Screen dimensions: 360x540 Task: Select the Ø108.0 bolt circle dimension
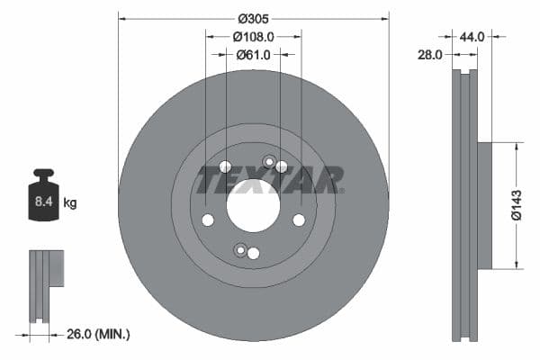coord(253,37)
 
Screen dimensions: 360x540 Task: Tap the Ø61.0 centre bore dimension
coord(254,55)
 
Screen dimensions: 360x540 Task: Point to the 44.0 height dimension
coord(472,37)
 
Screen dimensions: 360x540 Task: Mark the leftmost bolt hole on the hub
coord(208,220)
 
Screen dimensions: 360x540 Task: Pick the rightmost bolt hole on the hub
coord(298,220)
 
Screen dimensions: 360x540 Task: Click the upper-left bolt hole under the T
coord(225,166)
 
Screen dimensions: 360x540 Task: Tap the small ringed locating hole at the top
coord(268,161)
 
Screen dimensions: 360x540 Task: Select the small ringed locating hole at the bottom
coord(238,249)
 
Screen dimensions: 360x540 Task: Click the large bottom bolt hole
coord(253,254)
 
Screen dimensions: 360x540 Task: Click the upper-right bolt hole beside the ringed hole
coord(282,166)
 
